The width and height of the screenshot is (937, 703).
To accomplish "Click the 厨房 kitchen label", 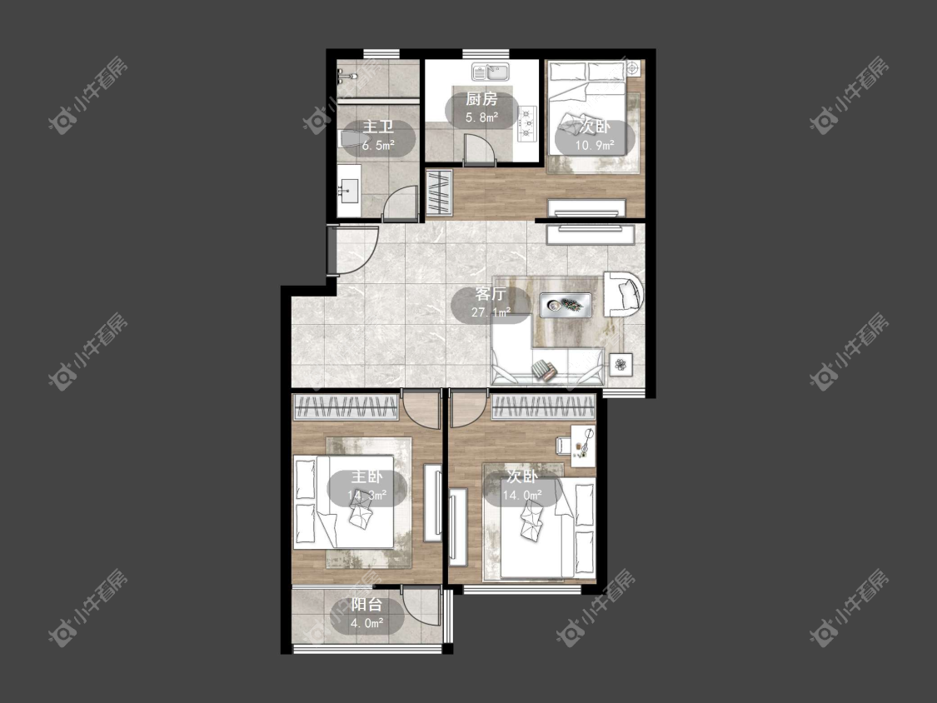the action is (x=481, y=99).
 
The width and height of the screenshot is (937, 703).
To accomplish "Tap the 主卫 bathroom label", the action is (x=377, y=127).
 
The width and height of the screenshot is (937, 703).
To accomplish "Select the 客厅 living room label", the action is (x=491, y=293).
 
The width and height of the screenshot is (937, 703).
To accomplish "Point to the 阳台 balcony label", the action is (x=366, y=605).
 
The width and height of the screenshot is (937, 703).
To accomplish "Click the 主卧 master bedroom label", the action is (x=366, y=476).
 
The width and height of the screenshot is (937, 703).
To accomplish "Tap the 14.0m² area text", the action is (x=521, y=495).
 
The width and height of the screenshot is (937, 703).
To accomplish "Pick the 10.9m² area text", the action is (x=595, y=145).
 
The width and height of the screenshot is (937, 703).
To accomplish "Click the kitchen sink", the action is (x=490, y=72).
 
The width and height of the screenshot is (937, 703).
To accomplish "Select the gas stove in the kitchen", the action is (x=528, y=124).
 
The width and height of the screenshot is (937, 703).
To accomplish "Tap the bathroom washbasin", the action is (x=348, y=190).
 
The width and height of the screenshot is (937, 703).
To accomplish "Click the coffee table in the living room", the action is (x=566, y=305).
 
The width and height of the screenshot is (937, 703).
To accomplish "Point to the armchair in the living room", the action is (x=623, y=294).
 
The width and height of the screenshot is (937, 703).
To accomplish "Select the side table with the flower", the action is (x=621, y=364).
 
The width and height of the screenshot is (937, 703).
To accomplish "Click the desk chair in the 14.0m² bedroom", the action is (x=564, y=446).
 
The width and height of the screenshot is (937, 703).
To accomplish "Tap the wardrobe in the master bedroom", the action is (x=346, y=407).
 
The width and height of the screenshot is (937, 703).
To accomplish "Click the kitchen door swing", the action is (x=480, y=150).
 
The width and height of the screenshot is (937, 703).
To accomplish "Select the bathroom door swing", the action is (x=400, y=202).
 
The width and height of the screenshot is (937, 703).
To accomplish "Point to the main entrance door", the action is (x=353, y=250).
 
